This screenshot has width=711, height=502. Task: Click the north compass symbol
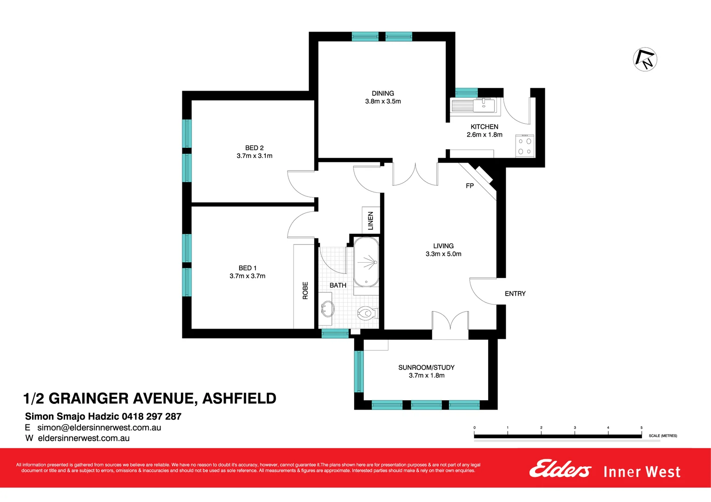click(x=645, y=59)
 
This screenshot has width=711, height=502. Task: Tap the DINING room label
click(x=383, y=93)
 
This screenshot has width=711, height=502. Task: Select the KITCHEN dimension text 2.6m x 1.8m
click(x=484, y=135)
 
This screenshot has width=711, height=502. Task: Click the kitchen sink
click(x=484, y=105)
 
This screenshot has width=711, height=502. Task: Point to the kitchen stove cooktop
click(x=525, y=145)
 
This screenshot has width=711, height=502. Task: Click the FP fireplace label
click(x=470, y=186)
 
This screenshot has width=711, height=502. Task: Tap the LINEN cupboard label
click(x=371, y=220)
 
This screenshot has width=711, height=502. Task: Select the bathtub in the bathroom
click(x=366, y=263)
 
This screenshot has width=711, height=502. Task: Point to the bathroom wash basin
click(x=327, y=308)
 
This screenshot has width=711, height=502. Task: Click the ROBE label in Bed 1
click(x=305, y=291)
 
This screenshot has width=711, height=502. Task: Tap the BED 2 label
click(x=255, y=148)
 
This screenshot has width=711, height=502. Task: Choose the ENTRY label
click(x=515, y=294)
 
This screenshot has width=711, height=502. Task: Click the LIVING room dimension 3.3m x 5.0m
click(x=443, y=254)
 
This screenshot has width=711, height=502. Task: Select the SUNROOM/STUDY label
click(x=426, y=368)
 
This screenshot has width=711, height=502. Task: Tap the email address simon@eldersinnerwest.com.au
click(x=99, y=428)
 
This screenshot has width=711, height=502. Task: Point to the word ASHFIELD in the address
click(x=239, y=398)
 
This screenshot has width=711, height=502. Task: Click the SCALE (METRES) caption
click(x=663, y=436)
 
